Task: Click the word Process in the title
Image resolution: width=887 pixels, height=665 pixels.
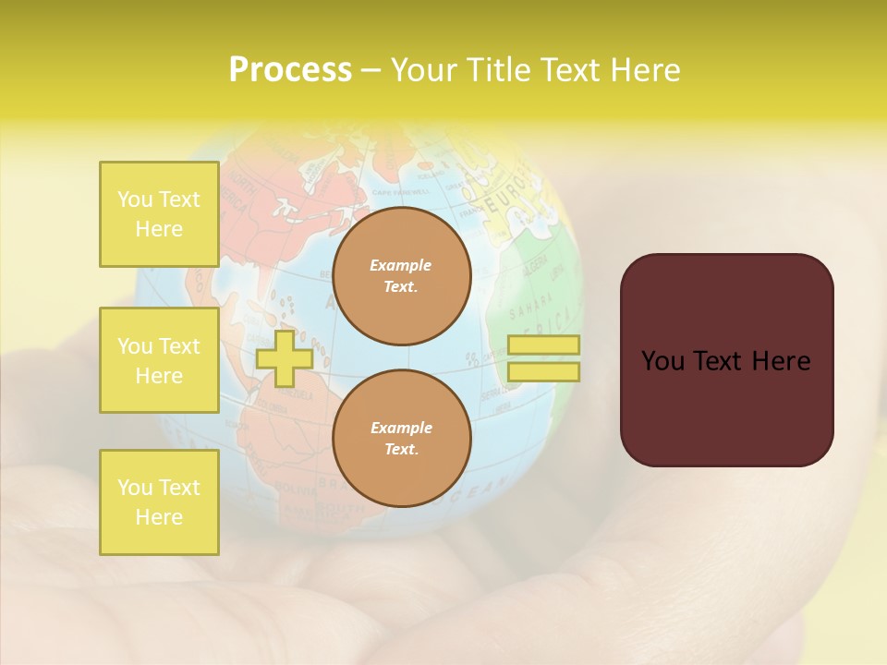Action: (x=290, y=70)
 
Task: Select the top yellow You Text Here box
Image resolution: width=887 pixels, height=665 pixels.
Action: (x=159, y=214)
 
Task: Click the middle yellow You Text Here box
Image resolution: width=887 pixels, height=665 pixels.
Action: (x=159, y=360)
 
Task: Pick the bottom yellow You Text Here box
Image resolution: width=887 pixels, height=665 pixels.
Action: (x=159, y=502)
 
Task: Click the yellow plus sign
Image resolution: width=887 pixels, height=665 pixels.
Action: (x=284, y=359)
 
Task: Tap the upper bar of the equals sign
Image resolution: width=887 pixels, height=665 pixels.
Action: (x=543, y=345)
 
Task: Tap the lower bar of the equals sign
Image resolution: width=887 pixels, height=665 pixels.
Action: (x=543, y=371)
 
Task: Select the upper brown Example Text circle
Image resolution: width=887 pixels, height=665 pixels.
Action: (x=402, y=276)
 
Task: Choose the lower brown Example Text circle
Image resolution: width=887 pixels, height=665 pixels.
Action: (x=402, y=439)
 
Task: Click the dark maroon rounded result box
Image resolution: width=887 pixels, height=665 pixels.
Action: (x=726, y=360)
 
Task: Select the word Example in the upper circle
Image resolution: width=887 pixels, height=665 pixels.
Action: (x=401, y=265)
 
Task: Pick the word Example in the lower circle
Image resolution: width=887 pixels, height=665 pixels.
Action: (x=401, y=428)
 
